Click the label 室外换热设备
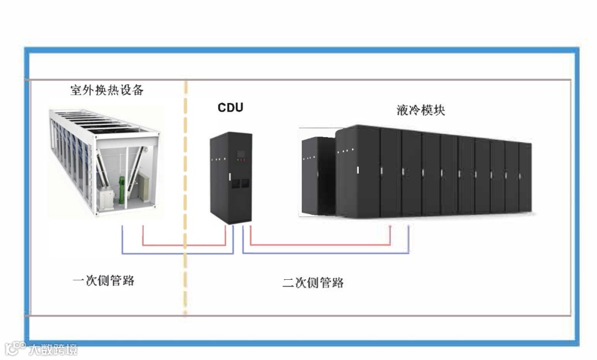(x=107, y=90)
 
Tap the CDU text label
(x=230, y=107)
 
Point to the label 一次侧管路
(x=103, y=280)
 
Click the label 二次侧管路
(x=313, y=283)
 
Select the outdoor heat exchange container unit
(x=105, y=160)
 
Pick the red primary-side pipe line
(x=182, y=244)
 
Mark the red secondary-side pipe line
(x=321, y=244)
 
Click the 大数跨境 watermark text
(x=53, y=349)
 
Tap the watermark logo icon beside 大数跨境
(x=15, y=348)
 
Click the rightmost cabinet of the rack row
(x=525, y=177)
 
